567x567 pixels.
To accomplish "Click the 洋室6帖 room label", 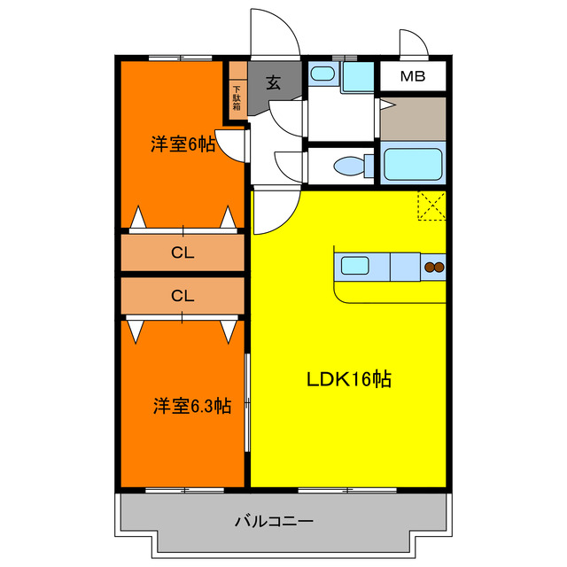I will tap(183, 144).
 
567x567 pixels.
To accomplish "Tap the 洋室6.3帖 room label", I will tap(192, 406).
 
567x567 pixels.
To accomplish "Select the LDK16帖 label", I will tap(349, 380).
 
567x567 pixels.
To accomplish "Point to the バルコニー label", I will tap(274, 521).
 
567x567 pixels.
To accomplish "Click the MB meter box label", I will tap(412, 76).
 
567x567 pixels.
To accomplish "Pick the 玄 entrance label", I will tap(274, 83).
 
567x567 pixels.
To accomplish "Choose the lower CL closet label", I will tap(183, 296).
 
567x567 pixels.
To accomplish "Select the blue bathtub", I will tap(412, 164).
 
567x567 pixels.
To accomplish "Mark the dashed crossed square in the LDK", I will tap(431, 206).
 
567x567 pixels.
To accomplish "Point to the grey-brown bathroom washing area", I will tap(412, 118).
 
